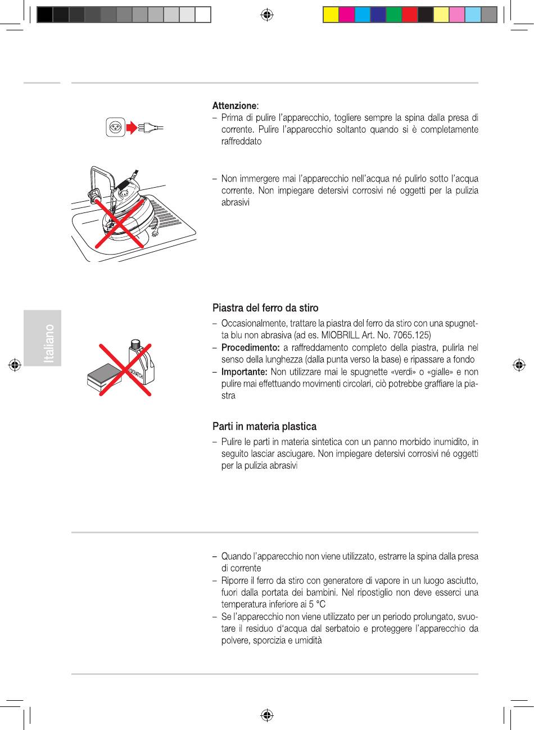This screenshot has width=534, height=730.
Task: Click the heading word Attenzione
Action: [x=234, y=106]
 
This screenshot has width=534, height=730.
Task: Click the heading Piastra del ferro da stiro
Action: [x=265, y=308]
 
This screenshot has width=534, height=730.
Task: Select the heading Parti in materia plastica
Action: [x=264, y=427]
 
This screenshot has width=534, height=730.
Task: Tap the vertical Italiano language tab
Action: [x=50, y=343]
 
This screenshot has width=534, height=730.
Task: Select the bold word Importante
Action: [x=244, y=372]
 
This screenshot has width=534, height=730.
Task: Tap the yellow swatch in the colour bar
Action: [x=331, y=14]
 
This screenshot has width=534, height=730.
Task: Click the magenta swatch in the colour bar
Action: [x=347, y=14]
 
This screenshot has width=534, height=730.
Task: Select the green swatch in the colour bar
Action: [x=394, y=14]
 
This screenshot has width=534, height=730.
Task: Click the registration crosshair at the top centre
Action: [x=268, y=15]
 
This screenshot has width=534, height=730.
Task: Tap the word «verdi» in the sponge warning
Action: [x=401, y=372]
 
